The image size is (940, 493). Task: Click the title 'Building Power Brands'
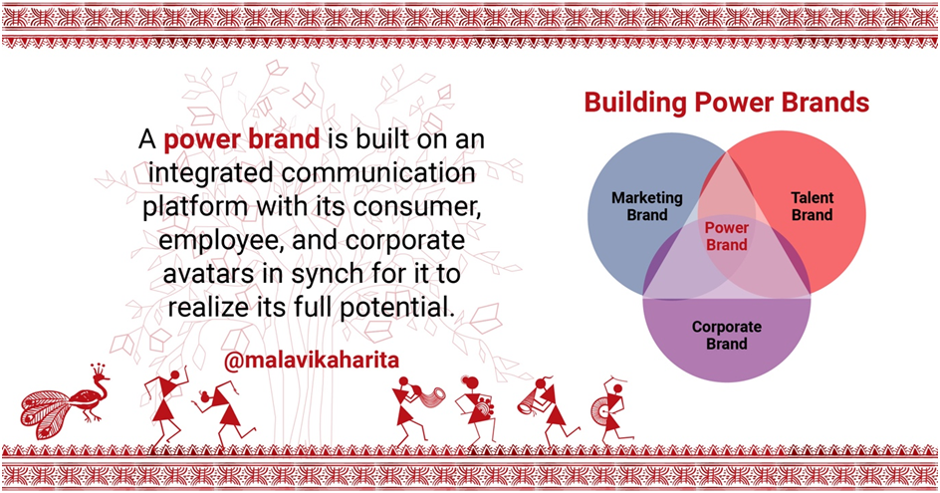[x=727, y=103]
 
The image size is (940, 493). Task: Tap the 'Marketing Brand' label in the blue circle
[x=647, y=206]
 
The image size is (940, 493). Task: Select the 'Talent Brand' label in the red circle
[x=813, y=206]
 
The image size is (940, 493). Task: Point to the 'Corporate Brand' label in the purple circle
[x=727, y=336]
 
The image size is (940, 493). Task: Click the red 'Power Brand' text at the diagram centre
[x=727, y=236]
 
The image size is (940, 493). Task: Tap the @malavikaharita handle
[x=311, y=360]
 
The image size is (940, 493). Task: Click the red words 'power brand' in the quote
[x=242, y=140]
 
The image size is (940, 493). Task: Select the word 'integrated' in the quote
[x=211, y=174]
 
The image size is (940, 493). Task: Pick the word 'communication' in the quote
[x=378, y=173]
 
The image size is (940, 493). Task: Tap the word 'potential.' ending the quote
[x=395, y=308]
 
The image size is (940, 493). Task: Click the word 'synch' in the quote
[x=325, y=275]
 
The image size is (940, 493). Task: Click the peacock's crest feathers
[x=99, y=369]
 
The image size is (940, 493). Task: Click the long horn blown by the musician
[x=430, y=396]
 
